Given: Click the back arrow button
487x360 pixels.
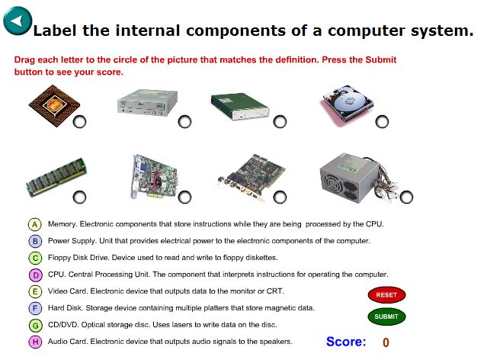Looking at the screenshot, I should pos(18,21).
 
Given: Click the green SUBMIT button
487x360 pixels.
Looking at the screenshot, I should pos(386,317).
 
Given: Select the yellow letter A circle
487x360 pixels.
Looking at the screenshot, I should pos(34,224).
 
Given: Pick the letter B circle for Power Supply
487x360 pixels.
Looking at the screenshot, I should pos(34,241).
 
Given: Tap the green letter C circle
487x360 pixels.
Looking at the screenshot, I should pos(34,258).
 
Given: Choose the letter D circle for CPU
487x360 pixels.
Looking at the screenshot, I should pos(34,275).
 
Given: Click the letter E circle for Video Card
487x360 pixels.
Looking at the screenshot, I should pos(34,291).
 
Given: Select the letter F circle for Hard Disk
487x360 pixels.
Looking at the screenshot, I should pos(34,308).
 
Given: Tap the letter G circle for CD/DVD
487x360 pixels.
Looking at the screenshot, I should pos(34,325).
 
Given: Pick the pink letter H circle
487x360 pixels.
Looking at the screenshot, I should pos(34,342).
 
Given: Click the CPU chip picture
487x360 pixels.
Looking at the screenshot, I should pos(52,105).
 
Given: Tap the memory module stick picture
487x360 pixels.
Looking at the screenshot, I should pos(56,177).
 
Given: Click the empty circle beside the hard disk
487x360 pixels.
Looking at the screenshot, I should pos(382,122).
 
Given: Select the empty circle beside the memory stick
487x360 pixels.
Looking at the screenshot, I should pos(78,198).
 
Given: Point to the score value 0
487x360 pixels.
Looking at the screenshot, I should pos(386,342).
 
